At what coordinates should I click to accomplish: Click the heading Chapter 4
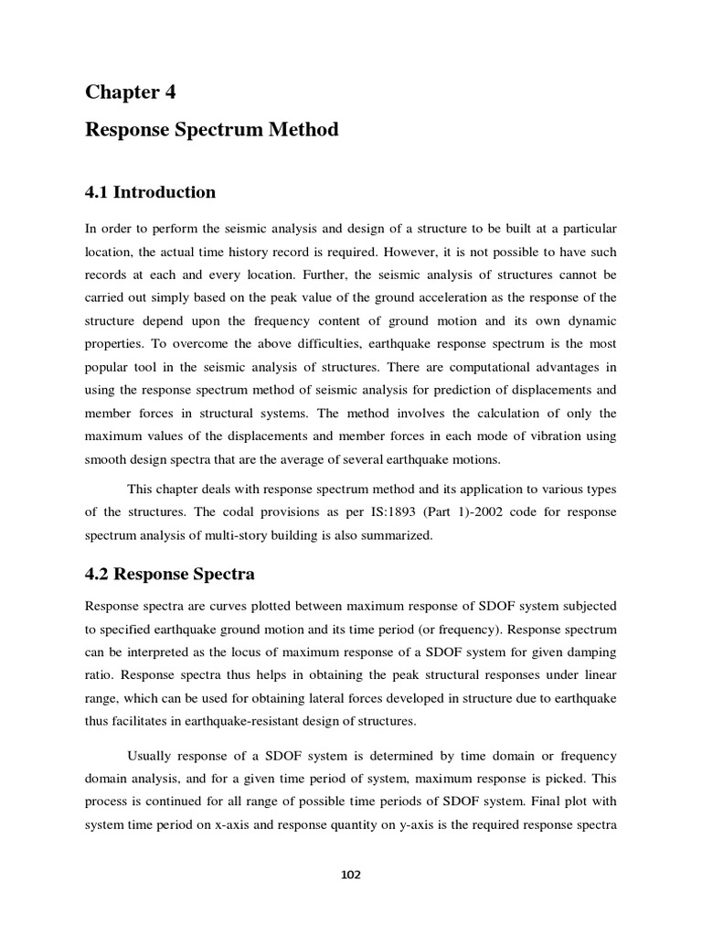click(x=131, y=92)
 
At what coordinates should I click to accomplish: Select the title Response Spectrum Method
click(x=211, y=130)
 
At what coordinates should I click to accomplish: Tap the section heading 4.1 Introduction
click(x=151, y=192)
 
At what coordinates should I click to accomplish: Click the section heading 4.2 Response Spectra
click(x=170, y=575)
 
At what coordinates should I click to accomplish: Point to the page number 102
click(x=350, y=875)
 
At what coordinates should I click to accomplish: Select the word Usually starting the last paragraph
click(x=150, y=756)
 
